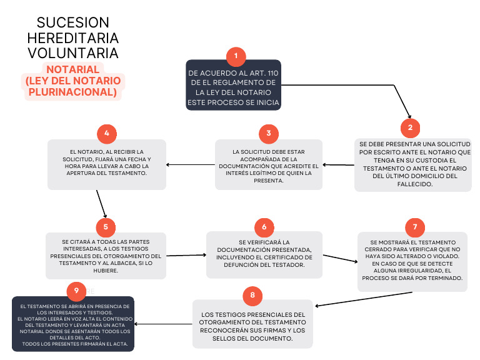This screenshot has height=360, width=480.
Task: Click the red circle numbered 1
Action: pyautogui.click(x=236, y=57)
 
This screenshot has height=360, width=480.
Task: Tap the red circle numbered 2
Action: pyautogui.click(x=410, y=127)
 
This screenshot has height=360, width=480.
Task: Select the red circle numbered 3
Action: pyautogui.click(x=268, y=133)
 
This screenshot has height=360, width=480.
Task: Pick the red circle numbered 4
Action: pyautogui.click(x=107, y=134)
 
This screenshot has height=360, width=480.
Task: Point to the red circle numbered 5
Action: pyautogui.click(x=106, y=226)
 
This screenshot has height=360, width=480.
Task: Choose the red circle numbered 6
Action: pyautogui.click(x=264, y=227)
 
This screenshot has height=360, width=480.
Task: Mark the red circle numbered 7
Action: pyautogui.click(x=414, y=226)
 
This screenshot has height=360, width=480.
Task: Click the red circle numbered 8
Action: pyautogui.click(x=252, y=294)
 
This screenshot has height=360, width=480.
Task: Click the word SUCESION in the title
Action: pyautogui.click(x=72, y=23)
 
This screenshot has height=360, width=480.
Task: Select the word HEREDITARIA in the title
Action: pyautogui.click(x=72, y=37)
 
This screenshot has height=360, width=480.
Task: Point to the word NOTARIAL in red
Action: pyautogui.click(x=72, y=69)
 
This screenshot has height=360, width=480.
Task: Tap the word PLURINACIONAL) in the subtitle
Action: pyautogui.click(x=72, y=92)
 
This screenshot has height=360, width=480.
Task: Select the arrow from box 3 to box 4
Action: pyautogui.click(x=191, y=166)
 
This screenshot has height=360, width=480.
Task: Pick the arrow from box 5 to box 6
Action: pyautogui.click(x=186, y=255)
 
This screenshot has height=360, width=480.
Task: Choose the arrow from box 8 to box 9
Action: pyautogui.click(x=164, y=324)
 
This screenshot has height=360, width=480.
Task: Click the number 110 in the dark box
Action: pyautogui.click(x=271, y=73)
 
